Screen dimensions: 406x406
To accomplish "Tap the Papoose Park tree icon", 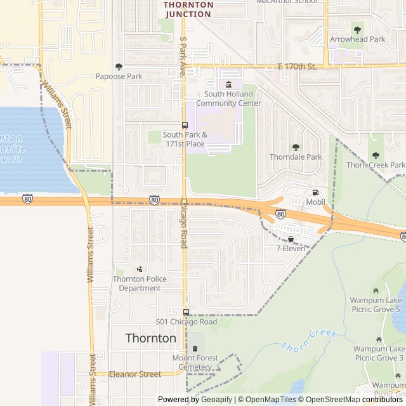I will tap(119, 67).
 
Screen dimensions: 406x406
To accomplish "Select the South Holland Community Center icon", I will tap(228, 84).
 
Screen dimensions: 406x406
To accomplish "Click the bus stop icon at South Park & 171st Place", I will tap(185, 125).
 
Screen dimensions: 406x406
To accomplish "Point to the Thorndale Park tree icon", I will tap(295, 147).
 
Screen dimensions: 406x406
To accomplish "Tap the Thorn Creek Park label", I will tap(376, 165).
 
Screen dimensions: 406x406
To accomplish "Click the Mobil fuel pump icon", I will tap(315, 193).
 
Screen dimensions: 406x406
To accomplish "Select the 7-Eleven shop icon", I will tap(291, 239).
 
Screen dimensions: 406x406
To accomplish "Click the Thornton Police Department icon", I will tap(140, 269).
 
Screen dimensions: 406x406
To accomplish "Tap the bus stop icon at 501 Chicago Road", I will tap(186, 312).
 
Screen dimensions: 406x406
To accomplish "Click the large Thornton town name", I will tap(151, 338).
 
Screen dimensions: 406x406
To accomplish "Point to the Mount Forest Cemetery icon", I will tap(195, 349).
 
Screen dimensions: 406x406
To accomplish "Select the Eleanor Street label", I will tap(135, 374).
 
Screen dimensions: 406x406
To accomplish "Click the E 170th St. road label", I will tap(298, 66).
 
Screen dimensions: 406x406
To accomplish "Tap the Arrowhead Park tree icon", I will tap(357, 29).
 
